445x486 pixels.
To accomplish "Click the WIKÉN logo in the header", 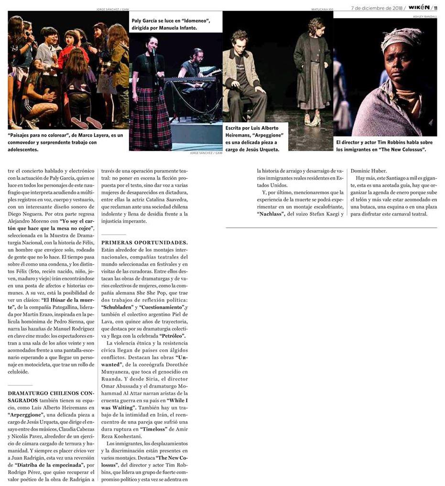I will pos(419,8).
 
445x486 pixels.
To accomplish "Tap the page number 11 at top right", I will pos(435,8).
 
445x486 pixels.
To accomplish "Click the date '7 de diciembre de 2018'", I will pos(377,8).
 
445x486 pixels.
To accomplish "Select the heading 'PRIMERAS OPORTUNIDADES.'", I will pos(144,243).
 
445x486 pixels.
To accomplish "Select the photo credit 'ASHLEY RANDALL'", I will pos(424,16).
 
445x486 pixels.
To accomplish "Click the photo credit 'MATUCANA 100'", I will pos(322,9).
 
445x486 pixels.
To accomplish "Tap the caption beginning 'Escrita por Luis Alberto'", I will pos(252,139).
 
